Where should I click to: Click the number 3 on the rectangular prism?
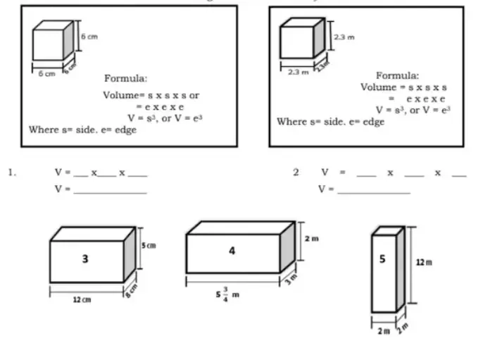point(85,259)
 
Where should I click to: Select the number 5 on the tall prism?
point(382,259)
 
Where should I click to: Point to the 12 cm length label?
point(82,300)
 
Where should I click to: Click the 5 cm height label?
point(148,245)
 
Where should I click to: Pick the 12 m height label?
point(423,262)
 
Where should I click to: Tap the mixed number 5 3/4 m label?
point(228,294)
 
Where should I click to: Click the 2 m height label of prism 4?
point(310,239)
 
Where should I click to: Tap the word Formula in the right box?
point(397,75)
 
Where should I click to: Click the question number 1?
point(12,171)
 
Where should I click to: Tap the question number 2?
point(296,171)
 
